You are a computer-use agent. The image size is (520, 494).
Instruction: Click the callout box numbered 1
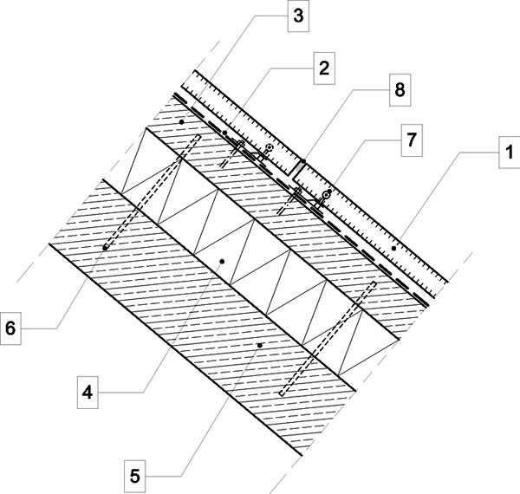pos(510,153)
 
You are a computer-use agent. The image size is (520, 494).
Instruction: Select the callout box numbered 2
pos(324,68)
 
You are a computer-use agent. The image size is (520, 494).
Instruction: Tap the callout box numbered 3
pos(298,16)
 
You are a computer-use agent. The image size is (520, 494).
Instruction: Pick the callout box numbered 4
pos(88,393)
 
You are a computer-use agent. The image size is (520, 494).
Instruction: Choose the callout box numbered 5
pos(134,477)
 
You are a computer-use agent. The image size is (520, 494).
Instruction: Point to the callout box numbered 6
pos(10,328)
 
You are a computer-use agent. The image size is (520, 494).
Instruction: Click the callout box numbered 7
pos(412,140)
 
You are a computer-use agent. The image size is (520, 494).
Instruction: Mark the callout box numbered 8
pos(400,90)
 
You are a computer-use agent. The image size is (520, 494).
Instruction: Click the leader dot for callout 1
pos(394,248)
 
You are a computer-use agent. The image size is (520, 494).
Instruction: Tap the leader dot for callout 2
pos(224,133)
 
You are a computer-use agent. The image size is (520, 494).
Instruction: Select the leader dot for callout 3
pos(181,122)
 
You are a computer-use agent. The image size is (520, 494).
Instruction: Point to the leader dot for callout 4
pos(222,262)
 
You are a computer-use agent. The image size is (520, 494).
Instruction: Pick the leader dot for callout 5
pos(260,346)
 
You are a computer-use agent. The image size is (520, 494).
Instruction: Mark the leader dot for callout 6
pos(105,248)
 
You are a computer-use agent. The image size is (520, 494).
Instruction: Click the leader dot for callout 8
pos(303,161)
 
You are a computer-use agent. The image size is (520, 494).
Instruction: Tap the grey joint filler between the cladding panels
pos(298,169)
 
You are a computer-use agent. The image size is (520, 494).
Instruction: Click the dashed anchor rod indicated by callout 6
pos(153,192)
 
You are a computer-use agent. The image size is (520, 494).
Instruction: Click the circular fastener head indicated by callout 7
pos(328,194)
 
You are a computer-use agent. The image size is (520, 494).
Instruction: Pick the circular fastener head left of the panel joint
pos(270,147)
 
